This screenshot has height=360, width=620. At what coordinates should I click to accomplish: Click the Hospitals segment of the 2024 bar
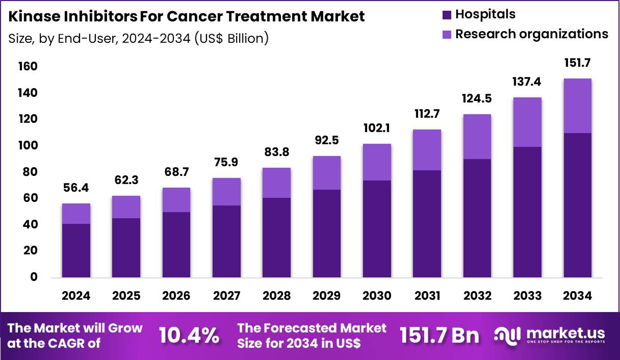pos(76,250)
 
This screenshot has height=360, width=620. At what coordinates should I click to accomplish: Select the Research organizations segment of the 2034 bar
pos(578,106)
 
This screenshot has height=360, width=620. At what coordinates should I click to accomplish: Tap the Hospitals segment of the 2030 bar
pos(377,229)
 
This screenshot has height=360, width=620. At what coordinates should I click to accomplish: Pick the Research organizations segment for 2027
pos(226,192)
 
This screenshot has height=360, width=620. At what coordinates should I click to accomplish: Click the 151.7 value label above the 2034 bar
pos(578,63)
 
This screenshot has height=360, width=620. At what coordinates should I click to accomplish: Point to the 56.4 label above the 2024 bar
pos(76,188)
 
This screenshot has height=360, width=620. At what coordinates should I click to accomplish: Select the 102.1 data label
pos(377,128)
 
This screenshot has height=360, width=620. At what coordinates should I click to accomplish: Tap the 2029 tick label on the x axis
pos(327,296)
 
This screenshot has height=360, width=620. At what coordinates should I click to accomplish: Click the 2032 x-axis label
pos(477,296)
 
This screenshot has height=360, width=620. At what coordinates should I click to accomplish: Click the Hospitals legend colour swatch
pos(447,15)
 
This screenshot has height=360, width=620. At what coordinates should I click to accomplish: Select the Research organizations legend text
pos(531,34)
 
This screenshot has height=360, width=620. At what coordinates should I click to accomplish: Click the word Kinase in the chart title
pos(35,16)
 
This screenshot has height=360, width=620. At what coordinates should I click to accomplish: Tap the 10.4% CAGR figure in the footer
pos(189,336)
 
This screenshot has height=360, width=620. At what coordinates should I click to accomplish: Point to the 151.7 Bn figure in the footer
pos(440,336)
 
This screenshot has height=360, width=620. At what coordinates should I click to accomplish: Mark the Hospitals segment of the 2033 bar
pos(527,212)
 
